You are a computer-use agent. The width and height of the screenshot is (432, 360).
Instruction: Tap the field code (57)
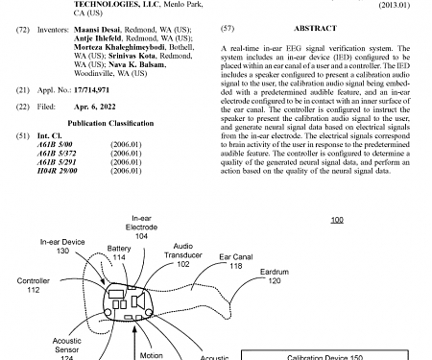pos(228,30)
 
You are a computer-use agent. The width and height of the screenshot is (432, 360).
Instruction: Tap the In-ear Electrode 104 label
pos(141,228)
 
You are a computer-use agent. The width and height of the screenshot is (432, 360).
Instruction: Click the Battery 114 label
pos(119,253)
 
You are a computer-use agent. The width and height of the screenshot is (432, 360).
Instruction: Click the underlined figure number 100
pos(335,220)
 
